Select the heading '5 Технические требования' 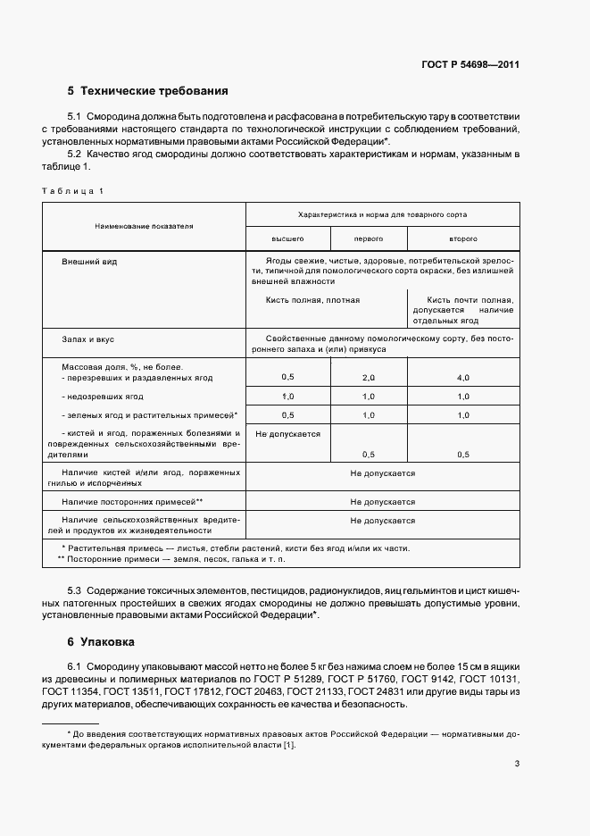(148, 91)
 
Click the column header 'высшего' (287, 239)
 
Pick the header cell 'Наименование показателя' (144, 227)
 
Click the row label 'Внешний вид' (89, 262)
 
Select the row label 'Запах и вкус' (87, 339)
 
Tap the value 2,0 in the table (369, 378)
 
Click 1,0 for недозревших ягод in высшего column (287, 397)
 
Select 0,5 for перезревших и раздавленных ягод (287, 378)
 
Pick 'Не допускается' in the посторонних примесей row (382, 502)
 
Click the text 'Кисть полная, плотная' (312, 300)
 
